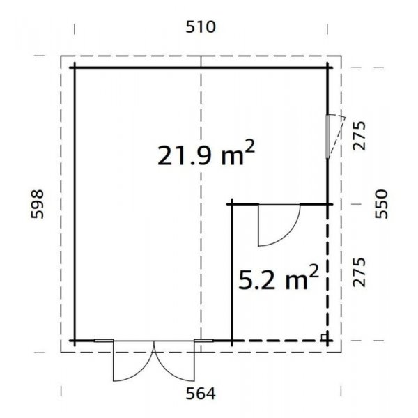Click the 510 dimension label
(x=201, y=27)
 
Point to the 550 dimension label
(x=380, y=203)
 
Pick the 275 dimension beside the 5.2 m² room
(x=360, y=272)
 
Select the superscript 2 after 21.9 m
(x=248, y=148)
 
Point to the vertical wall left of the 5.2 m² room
(x=231, y=272)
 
